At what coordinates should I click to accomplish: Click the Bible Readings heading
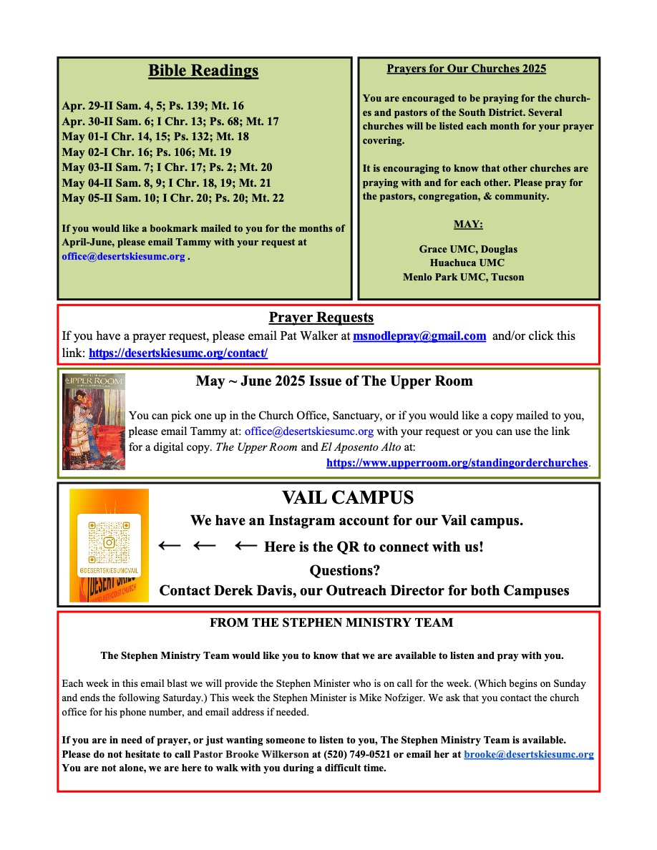(x=203, y=71)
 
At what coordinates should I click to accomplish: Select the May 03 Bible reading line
(x=167, y=167)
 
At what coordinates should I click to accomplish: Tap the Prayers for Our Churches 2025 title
(x=466, y=69)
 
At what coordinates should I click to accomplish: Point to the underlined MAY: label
(x=468, y=224)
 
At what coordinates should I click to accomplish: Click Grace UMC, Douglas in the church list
(x=468, y=249)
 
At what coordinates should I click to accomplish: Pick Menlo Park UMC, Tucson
(x=463, y=276)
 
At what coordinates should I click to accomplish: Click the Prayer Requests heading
(x=321, y=317)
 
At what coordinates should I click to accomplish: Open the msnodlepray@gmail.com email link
(x=419, y=336)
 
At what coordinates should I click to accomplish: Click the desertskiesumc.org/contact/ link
(x=178, y=353)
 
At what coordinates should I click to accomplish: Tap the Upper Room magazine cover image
(x=94, y=421)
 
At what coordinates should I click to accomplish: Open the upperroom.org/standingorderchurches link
(x=457, y=462)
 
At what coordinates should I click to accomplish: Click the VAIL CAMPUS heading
(x=348, y=498)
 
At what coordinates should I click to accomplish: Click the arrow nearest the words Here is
(x=245, y=546)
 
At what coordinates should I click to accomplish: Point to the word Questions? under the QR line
(x=344, y=570)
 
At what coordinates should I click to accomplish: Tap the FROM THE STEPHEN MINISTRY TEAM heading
(x=331, y=622)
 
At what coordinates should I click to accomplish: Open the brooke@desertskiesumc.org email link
(x=528, y=754)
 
